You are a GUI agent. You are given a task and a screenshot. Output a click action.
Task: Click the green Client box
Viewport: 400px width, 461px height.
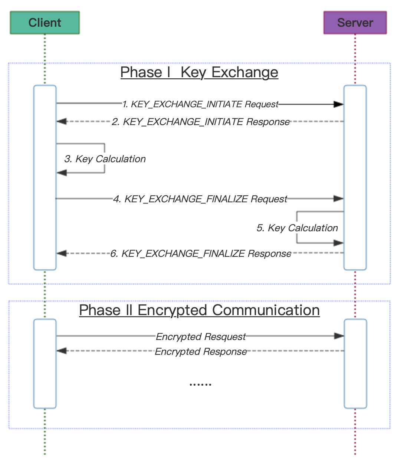tap(45, 23)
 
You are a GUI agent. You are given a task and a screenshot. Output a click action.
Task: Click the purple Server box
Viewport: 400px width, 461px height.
tap(355, 23)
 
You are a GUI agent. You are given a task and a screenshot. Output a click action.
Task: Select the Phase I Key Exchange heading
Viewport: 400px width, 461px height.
tap(199, 72)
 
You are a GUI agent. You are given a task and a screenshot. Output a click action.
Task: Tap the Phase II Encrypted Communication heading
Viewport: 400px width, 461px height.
tap(199, 310)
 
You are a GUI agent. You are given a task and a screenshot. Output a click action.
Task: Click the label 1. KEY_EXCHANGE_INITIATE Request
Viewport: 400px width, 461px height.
tap(200, 104)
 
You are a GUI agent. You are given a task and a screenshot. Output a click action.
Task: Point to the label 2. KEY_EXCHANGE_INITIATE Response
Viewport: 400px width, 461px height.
tap(200, 122)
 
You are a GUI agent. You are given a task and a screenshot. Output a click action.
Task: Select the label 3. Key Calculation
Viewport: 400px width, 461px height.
tap(105, 159)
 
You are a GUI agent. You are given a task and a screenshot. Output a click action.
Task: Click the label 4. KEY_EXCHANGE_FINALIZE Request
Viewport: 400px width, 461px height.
tap(200, 199)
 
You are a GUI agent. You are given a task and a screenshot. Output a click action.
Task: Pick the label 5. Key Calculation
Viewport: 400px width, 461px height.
tap(297, 228)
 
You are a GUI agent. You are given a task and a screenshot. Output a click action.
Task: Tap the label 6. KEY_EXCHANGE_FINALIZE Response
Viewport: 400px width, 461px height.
tap(200, 254)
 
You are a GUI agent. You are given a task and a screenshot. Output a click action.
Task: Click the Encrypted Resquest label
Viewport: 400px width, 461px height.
tap(200, 337)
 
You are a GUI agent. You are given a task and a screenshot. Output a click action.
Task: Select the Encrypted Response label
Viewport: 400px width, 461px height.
tap(200, 352)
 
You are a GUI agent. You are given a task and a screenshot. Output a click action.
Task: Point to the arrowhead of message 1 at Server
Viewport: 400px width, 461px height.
tap(338, 104)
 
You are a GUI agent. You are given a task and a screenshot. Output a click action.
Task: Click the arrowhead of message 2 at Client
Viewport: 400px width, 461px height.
tap(62, 121)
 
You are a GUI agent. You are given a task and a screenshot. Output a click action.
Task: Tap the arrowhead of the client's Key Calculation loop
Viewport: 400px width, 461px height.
tap(62, 173)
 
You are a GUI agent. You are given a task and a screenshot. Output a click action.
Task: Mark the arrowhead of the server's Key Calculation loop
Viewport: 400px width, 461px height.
tap(338, 243)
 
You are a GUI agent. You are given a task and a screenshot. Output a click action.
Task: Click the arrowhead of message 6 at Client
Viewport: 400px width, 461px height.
tap(62, 253)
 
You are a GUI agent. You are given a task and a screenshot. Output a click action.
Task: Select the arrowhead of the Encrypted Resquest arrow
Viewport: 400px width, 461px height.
tap(339, 336)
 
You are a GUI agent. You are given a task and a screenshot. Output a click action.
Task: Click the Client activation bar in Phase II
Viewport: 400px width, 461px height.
tap(45, 364)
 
